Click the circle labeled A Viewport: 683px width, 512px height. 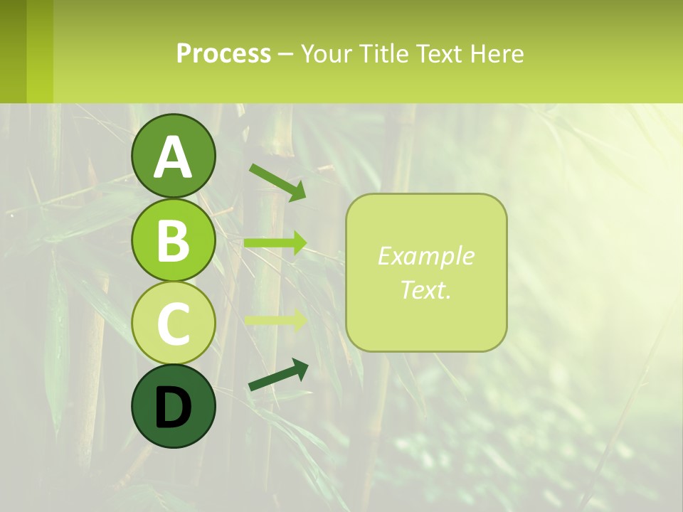(174, 156)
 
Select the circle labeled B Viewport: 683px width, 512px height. (174, 240)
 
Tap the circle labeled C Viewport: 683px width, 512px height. (174, 323)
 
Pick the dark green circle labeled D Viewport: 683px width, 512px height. (174, 406)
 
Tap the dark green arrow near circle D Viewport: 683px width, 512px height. (278, 375)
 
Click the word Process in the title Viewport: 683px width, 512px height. (223, 53)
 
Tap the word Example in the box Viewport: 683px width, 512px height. (426, 256)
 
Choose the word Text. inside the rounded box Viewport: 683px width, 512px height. (426, 289)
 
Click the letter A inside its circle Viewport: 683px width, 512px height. (174, 157)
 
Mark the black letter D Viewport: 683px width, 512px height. (174, 407)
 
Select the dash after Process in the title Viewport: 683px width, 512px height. (286, 54)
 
